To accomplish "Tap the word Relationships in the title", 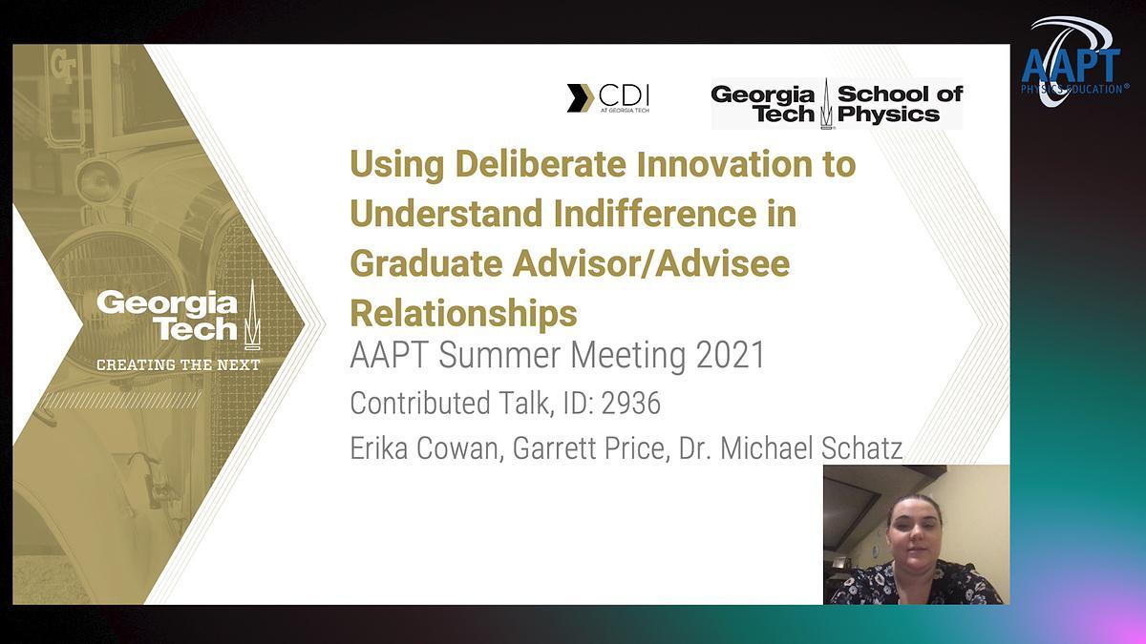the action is pyautogui.click(x=463, y=313).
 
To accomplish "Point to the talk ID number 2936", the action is pyautogui.click(x=631, y=403).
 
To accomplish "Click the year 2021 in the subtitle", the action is pyautogui.click(x=731, y=355).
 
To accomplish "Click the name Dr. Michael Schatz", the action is pyautogui.click(x=791, y=448).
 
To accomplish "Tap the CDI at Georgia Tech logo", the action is pyautogui.click(x=608, y=98).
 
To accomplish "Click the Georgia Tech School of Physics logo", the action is pyautogui.click(x=837, y=104).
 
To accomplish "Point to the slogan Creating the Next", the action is pyautogui.click(x=179, y=364).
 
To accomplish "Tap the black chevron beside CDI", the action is pyautogui.click(x=580, y=98).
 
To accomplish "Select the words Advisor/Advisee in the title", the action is pyautogui.click(x=651, y=262).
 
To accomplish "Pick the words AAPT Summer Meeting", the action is pyautogui.click(x=518, y=355).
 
